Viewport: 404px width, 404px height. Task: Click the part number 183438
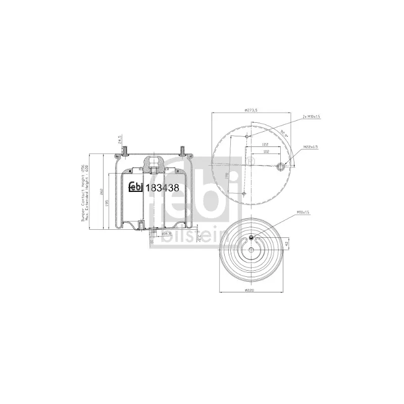[162, 187]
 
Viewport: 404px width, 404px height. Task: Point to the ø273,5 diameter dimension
[251, 109]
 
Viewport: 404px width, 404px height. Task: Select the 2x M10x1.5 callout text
[311, 116]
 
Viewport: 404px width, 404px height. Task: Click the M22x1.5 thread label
[311, 147]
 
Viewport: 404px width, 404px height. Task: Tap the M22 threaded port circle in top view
[282, 166]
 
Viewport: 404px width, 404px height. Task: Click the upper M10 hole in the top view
[246, 136]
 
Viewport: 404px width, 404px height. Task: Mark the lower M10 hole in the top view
[244, 193]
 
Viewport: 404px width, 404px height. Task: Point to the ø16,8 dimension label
[165, 234]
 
